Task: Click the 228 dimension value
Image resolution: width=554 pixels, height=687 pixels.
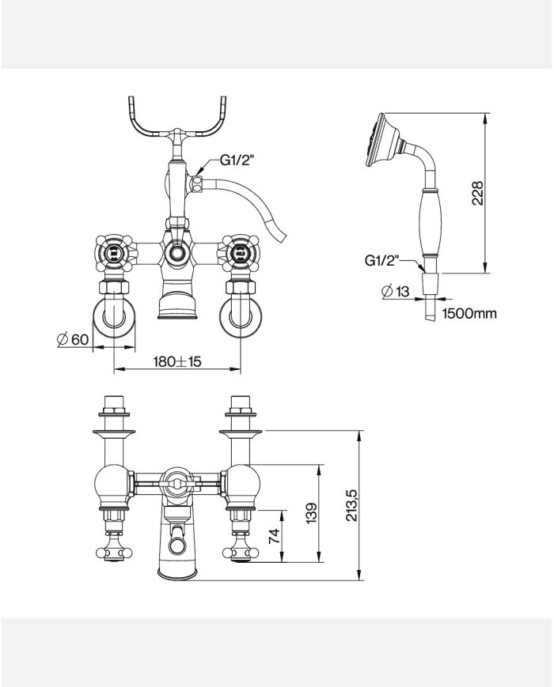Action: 477,193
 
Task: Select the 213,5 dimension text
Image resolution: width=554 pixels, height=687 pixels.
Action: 352,505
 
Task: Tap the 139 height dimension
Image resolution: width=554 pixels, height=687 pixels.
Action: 311,513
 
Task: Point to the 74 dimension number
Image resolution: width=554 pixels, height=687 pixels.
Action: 274,536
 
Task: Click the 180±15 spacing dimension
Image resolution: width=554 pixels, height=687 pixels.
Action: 176,361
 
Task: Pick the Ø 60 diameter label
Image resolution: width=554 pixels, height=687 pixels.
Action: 74,339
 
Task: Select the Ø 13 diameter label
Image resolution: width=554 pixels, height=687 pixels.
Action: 396,291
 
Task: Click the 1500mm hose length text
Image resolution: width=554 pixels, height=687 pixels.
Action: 469,313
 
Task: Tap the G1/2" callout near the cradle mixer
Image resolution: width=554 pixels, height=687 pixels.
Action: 237,160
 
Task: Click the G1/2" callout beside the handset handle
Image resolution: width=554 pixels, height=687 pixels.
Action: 381,261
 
